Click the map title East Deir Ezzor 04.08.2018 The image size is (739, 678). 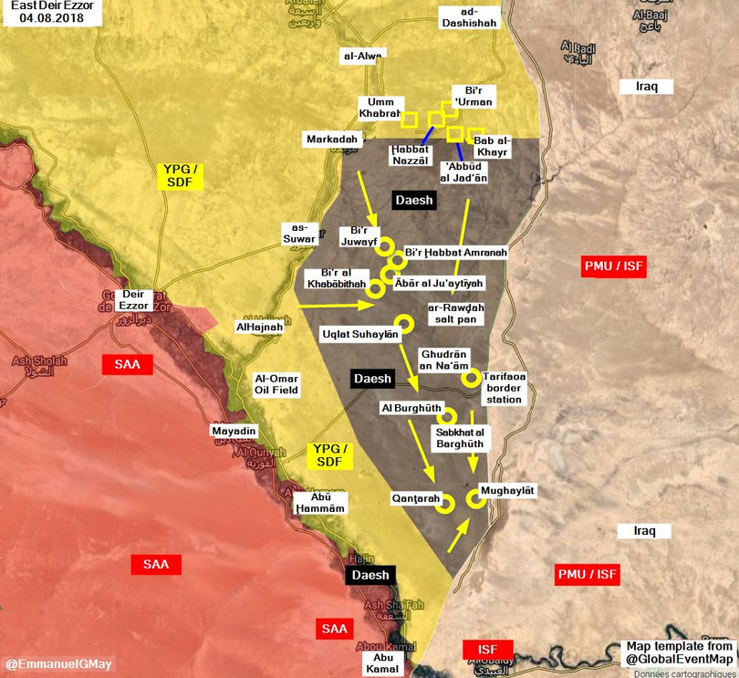click(x=52, y=11)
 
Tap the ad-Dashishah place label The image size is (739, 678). click(x=469, y=17)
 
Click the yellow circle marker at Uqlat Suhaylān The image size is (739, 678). click(x=403, y=322)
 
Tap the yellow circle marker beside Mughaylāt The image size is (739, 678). click(x=475, y=497)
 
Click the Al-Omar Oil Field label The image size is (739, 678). click(x=277, y=383)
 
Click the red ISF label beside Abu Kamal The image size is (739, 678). click(x=487, y=649)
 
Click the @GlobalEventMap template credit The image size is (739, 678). click(x=679, y=652)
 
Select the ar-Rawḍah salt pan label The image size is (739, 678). click(x=456, y=314)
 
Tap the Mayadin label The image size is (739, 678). click(x=234, y=431)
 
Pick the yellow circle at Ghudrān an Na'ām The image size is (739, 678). click(x=471, y=377)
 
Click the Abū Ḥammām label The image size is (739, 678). click(x=321, y=503)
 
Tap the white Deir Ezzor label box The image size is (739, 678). click(x=134, y=299)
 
